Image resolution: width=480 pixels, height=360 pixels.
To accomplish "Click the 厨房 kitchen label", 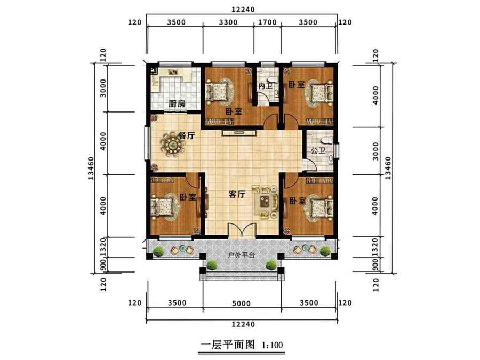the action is (177, 103).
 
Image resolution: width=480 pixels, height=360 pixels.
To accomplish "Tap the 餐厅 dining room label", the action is (186, 135).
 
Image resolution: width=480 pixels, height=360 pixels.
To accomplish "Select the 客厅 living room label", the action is (237, 194).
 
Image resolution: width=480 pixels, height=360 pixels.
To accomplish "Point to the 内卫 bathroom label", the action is (265, 86).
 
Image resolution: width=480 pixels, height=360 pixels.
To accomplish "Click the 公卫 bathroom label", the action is (317, 151).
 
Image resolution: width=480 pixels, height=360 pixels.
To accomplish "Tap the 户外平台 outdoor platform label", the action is (242, 255).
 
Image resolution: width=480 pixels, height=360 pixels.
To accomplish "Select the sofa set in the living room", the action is (265, 202).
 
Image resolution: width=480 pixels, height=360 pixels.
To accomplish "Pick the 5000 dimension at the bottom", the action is (241, 303).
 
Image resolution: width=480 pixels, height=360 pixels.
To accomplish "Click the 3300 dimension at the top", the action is (229, 22).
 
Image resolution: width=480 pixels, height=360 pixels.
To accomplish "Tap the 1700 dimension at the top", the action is (268, 22).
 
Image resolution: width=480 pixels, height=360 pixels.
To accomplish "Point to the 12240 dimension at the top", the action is (243, 10).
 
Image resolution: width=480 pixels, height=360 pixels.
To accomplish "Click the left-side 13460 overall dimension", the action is (91, 168).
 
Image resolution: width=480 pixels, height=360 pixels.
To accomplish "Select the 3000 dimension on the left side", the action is (103, 88).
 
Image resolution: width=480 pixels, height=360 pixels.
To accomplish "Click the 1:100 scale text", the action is (273, 346).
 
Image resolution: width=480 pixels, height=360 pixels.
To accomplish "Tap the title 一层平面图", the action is (228, 345).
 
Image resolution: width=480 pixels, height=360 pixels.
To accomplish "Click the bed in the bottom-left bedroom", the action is (165, 207).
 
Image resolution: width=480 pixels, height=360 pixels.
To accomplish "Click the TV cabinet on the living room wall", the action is (239, 132).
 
